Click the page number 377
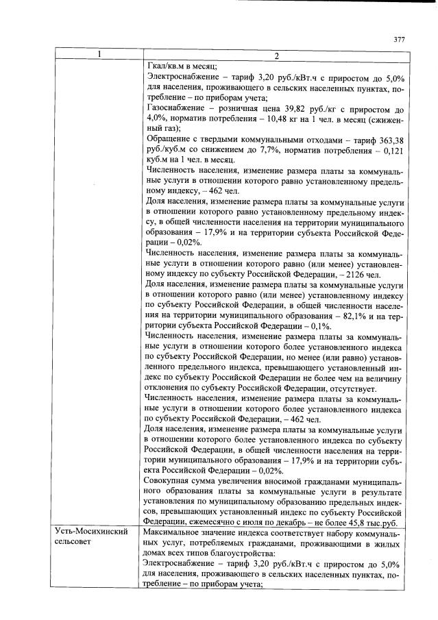(x=399, y=39)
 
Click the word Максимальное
(x=180, y=532)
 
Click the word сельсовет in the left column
(x=79, y=542)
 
